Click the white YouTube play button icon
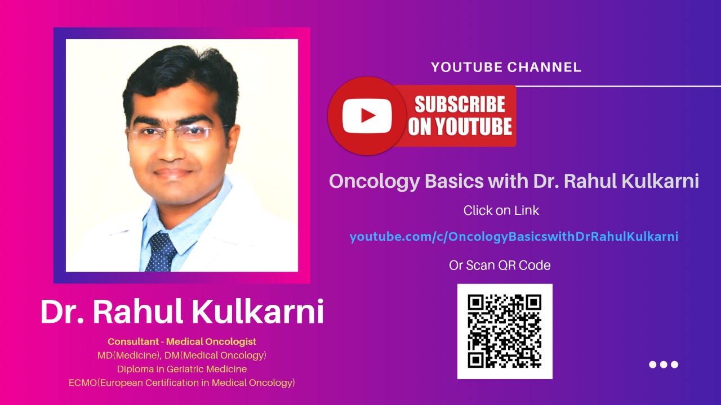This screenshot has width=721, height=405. point(367,116)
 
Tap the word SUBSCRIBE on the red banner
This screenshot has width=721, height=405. point(460,104)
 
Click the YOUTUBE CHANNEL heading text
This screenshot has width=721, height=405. point(506,67)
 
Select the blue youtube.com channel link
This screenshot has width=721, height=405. point(514,237)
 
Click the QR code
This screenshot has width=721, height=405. point(505,331)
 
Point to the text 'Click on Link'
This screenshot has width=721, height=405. point(501,210)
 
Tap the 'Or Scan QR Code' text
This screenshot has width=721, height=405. point(500,265)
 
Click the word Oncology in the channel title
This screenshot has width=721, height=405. point(375,182)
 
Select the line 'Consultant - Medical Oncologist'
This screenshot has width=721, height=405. point(182,341)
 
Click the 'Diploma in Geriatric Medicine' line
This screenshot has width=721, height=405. point(182,369)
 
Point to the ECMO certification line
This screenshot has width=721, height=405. point(182,383)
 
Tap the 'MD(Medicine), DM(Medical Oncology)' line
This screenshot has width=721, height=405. point(182,355)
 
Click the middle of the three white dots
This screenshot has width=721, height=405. point(664,364)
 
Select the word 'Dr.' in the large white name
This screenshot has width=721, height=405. point(62,312)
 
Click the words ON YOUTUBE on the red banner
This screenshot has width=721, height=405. point(460,127)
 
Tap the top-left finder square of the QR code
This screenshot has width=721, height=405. point(476,303)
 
